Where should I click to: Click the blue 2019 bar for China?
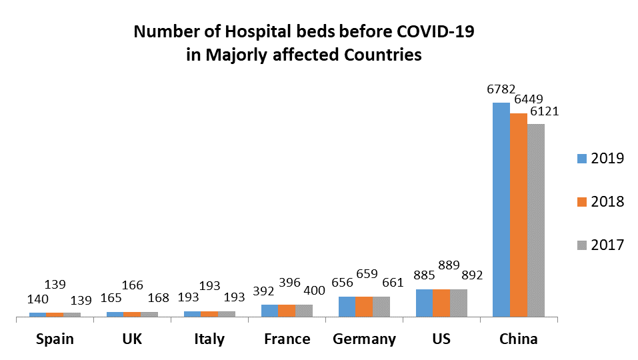[x=501, y=209]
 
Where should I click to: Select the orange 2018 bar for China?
[x=519, y=215]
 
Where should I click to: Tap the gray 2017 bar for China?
[x=536, y=220]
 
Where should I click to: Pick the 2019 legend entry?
[x=599, y=158]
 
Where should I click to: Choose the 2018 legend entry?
[x=599, y=201]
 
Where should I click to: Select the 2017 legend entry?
[x=599, y=245]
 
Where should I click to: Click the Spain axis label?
[x=55, y=339]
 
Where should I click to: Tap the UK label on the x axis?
[x=132, y=339]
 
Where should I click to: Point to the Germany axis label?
[x=364, y=339]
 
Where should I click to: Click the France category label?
[x=287, y=339]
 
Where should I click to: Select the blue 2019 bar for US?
[x=424, y=303]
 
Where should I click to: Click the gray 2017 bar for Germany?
[x=381, y=307]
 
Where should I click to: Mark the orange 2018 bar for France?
[x=287, y=310]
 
